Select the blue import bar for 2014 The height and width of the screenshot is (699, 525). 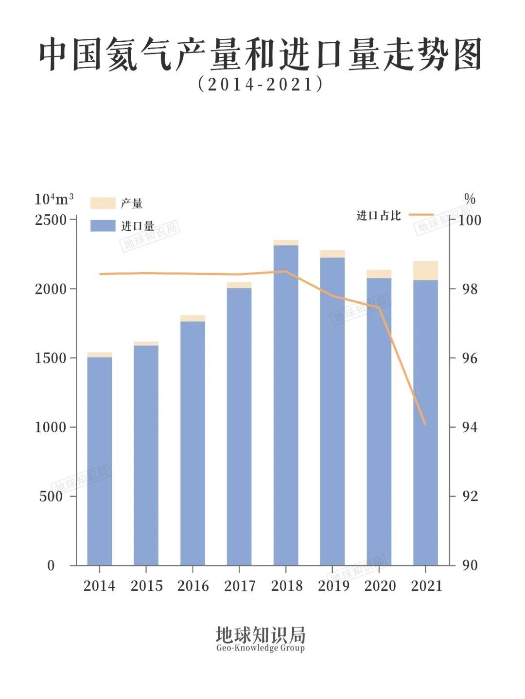pos(100,461)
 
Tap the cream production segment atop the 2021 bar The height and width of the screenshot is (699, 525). pos(425,271)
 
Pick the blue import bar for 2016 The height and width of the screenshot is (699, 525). pos(192,442)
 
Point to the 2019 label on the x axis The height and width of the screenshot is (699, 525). pos(333,586)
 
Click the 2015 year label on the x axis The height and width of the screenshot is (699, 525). pos(146,586)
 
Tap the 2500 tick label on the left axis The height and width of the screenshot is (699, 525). pos(51,220)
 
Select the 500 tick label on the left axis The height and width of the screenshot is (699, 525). pos(51,496)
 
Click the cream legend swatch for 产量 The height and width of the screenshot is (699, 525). pos(103,203)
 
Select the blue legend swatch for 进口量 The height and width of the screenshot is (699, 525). pos(103,225)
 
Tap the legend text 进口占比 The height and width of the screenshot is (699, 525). pos(379,216)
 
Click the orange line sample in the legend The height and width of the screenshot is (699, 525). pos(421,214)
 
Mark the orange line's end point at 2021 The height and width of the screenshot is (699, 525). pos(425,424)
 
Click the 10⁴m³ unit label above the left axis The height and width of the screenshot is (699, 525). pos(54,199)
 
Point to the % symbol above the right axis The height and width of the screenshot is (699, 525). pos(470,199)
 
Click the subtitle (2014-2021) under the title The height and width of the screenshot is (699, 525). pos(261,85)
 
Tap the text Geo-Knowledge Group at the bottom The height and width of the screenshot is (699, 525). pos(261,648)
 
